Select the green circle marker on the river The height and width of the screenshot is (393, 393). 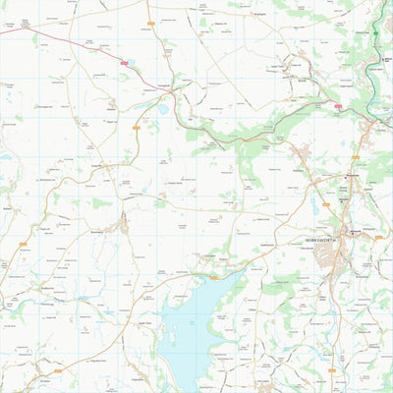point(375,33)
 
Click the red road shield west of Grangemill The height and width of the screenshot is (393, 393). point(125,64)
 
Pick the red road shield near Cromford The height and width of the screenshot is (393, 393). point(338,105)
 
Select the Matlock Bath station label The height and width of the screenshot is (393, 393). point(385,60)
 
